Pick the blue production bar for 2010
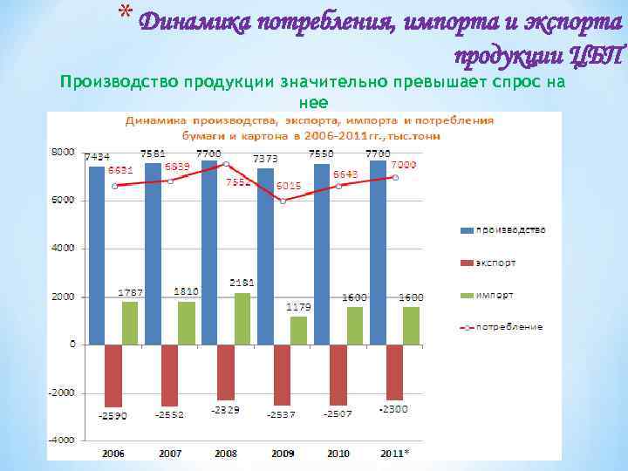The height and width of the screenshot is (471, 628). pos(321,253)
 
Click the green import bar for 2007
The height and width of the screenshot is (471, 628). pos(186,322)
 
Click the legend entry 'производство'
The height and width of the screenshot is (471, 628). pos(510,230)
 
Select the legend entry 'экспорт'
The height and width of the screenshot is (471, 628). pos(495,263)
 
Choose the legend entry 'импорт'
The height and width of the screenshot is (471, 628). pos(495,295)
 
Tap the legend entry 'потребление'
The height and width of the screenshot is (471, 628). pos(509,327)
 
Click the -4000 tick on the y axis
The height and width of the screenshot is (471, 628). pos(62,440)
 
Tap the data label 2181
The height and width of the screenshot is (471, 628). pos(242,283)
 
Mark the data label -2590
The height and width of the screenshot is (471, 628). pos(113,415)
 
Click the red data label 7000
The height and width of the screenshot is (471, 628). pos(402,165)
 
